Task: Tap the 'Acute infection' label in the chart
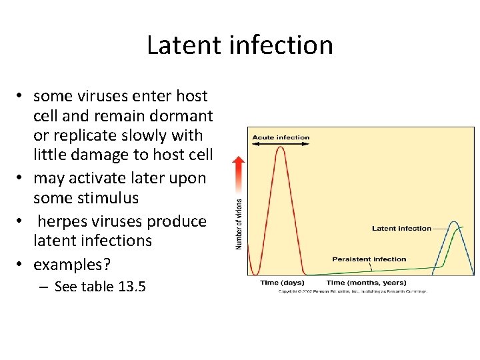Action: pyautogui.click(x=281, y=138)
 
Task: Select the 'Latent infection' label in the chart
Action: pyautogui.click(x=401, y=229)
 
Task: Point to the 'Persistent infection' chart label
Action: pyautogui.click(x=369, y=259)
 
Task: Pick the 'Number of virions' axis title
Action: pyautogui.click(x=239, y=225)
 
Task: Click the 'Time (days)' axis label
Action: pyautogui.click(x=282, y=283)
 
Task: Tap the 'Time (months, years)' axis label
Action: pyautogui.click(x=366, y=283)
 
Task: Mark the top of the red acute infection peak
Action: pyautogui.click(x=281, y=148)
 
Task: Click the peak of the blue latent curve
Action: pyautogui.click(x=454, y=222)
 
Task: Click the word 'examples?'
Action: pyautogui.click(x=72, y=264)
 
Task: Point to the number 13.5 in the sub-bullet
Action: pyautogui.click(x=132, y=287)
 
